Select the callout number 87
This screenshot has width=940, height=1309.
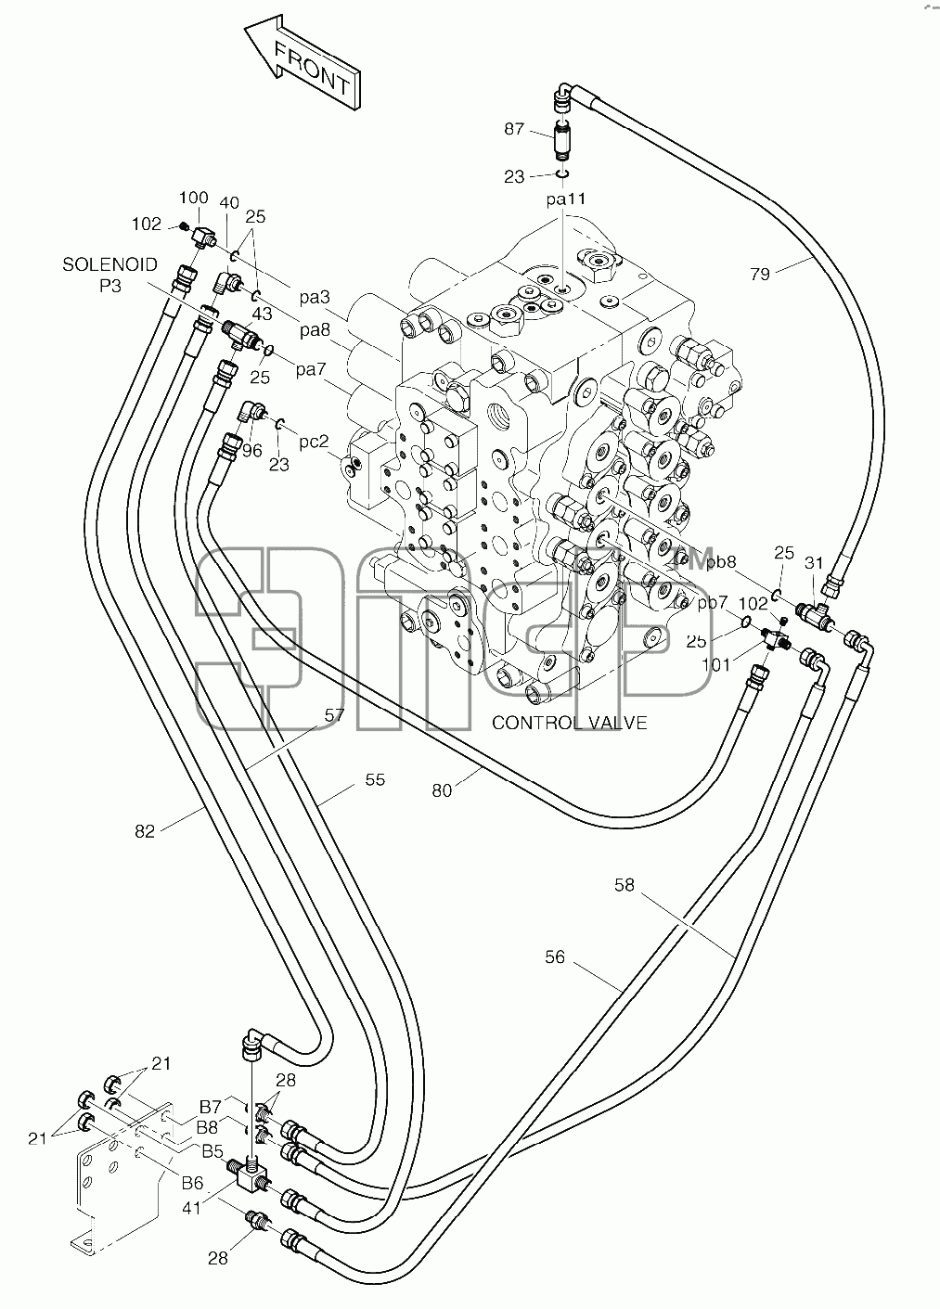click(514, 129)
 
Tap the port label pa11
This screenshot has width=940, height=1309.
click(565, 199)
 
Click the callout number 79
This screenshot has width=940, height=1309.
click(760, 274)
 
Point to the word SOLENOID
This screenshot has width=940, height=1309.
click(109, 264)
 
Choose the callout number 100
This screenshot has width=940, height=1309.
click(194, 198)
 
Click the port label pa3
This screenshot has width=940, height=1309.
click(315, 298)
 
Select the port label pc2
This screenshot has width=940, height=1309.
click(314, 442)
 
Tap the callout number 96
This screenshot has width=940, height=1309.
click(252, 451)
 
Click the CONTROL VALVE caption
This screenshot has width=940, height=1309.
click(570, 723)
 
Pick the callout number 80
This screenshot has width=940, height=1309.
click(442, 790)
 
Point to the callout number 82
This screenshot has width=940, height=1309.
click(145, 831)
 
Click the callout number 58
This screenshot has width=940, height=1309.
click(625, 885)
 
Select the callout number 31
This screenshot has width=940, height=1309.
click(814, 563)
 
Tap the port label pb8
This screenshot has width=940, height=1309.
click(721, 562)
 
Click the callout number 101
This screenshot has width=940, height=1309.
click(716, 665)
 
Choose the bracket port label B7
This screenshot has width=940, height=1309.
click(211, 1107)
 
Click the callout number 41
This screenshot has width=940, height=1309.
click(191, 1208)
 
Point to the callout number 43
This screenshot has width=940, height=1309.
click(262, 314)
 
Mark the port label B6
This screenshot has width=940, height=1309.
click(192, 1183)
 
